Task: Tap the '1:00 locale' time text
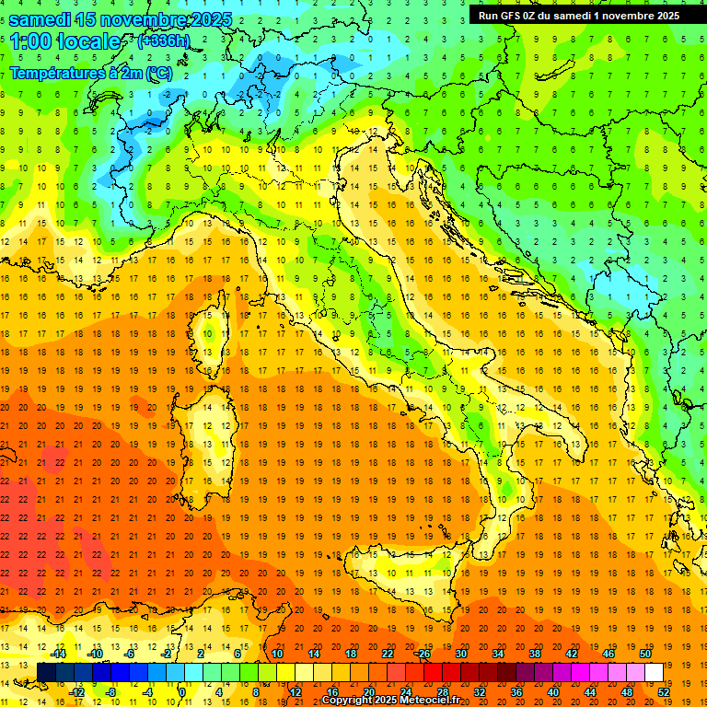65,41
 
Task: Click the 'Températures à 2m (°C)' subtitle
90,73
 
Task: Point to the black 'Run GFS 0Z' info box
579,16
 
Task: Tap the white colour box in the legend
654,672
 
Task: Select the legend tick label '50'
644,654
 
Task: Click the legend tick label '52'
663,691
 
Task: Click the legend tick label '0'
183,691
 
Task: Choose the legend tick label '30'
460,654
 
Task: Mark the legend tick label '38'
534,654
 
